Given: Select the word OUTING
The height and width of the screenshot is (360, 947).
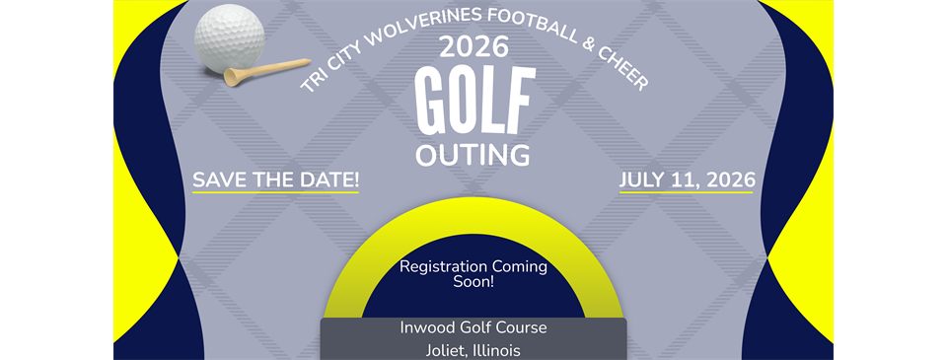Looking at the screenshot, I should point(473,155).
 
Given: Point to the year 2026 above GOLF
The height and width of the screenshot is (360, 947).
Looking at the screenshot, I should point(473,46).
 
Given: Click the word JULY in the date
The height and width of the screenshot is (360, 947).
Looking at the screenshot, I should point(646,180).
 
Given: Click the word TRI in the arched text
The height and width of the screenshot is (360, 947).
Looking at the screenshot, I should point(313,84).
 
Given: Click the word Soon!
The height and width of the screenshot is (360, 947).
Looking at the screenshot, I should point(473,282).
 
